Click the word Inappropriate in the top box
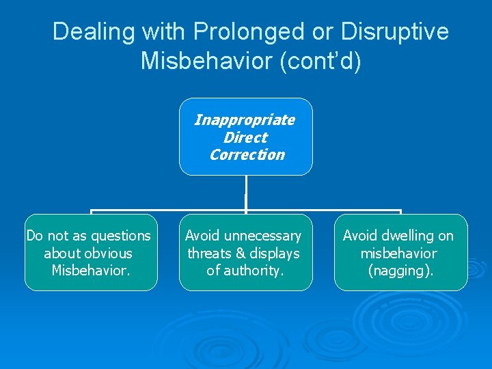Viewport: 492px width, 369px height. click(245, 120)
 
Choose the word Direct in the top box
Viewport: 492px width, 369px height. click(245, 137)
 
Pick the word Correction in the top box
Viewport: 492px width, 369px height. click(247, 154)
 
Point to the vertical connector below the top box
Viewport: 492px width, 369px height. click(245, 193)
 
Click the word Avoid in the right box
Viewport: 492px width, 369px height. click(360, 236)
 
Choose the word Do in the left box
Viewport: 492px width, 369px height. click(34, 236)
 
